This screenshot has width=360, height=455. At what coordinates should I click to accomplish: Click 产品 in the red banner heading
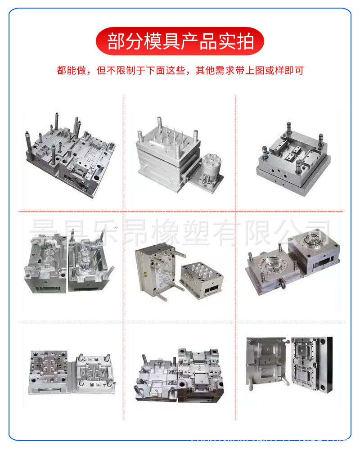pyautogui.click(x=199, y=41)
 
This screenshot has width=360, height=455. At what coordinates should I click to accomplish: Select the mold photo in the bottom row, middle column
pyautogui.click(x=180, y=374)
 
